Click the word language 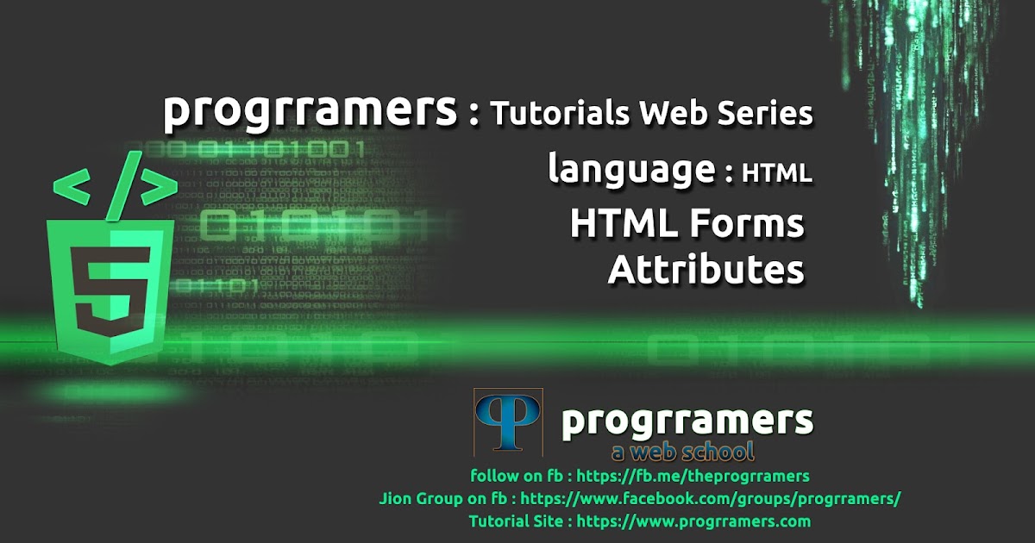pyautogui.click(x=631, y=171)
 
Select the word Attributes pyautogui.click(x=706, y=269)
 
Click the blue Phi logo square pyautogui.click(x=508, y=421)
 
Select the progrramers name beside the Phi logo pyautogui.click(x=687, y=421)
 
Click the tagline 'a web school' pyautogui.click(x=681, y=451)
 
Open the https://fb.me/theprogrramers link pyautogui.click(x=693, y=476)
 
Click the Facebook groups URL pyautogui.click(x=711, y=498)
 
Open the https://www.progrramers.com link pyautogui.click(x=693, y=521)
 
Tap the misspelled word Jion pyautogui.click(x=395, y=498)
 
